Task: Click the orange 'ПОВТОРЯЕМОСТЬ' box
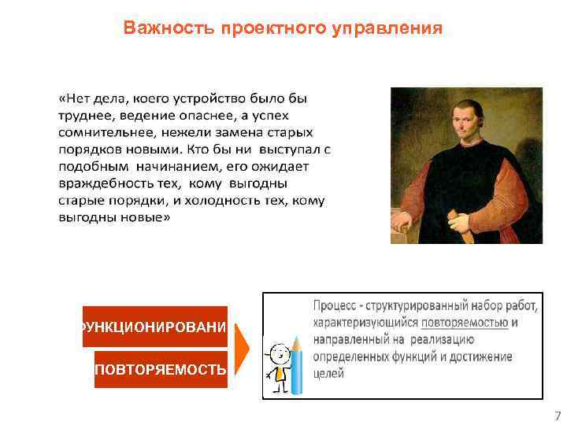pyautogui.click(x=161, y=369)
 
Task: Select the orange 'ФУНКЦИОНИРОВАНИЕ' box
pyautogui.click(x=155, y=327)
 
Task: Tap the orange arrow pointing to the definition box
pyautogui.click(x=245, y=347)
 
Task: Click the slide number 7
pyautogui.click(x=558, y=416)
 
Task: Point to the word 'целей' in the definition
pyautogui.click(x=328, y=374)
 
